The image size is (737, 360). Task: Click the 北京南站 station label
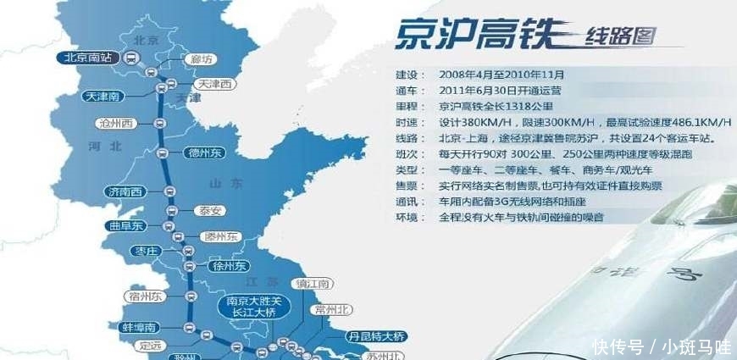pos(89,58)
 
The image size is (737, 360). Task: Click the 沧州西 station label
pos(116,124)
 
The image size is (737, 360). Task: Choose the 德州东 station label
pos(203,153)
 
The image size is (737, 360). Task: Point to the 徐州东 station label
pos(226,266)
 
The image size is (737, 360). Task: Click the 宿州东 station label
pos(141,296)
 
